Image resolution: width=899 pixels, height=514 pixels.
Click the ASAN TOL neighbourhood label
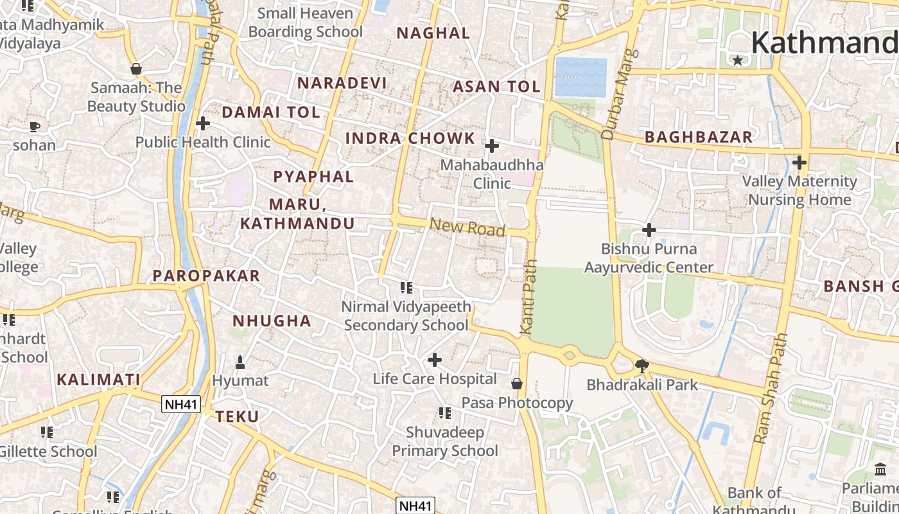tap(496, 87)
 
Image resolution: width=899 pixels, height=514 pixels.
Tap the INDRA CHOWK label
tap(410, 138)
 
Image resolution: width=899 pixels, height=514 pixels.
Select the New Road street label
tap(467, 227)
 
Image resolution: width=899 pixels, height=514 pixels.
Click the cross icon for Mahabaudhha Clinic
tap(492, 146)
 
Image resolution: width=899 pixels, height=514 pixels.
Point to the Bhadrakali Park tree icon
tap(641, 366)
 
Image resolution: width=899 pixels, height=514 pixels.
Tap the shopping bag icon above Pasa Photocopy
tap(517, 384)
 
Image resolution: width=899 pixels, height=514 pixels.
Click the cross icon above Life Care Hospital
tap(435, 360)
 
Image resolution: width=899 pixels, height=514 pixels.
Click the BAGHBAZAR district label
tap(699, 137)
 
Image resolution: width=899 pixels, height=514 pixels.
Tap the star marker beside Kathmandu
tap(738, 60)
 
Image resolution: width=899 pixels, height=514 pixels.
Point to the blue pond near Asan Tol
tap(580, 77)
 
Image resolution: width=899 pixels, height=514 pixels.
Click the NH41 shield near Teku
tap(181, 404)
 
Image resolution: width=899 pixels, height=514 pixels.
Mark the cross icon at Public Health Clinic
tap(203, 123)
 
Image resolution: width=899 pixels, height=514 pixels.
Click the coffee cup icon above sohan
tap(35, 126)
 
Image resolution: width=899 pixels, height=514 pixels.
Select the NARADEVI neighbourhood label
tap(342, 83)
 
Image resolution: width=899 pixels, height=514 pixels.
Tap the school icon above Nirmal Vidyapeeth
tap(406, 287)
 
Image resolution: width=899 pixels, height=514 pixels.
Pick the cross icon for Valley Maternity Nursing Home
tap(799, 163)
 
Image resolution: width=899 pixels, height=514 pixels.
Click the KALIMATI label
tap(98, 379)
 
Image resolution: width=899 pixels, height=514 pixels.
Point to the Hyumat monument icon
tap(240, 362)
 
